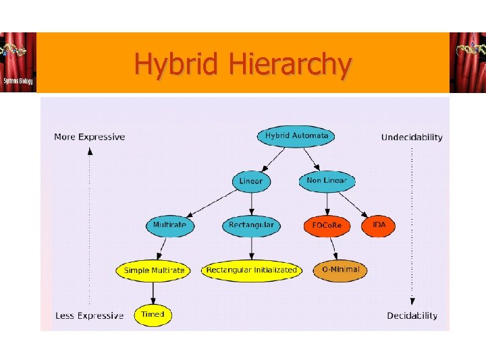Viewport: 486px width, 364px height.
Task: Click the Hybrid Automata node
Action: click(x=296, y=135)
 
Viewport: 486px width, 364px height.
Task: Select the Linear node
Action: click(x=251, y=181)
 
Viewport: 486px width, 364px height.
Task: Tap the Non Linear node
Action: click(x=327, y=181)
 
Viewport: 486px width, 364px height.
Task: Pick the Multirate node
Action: click(x=169, y=225)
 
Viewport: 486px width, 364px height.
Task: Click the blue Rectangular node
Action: click(x=251, y=225)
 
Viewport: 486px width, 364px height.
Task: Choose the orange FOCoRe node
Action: click(x=327, y=226)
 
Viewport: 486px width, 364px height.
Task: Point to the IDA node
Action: click(x=379, y=224)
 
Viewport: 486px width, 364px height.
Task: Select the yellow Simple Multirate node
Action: click(x=154, y=270)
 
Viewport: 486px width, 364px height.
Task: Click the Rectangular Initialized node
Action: click(x=251, y=270)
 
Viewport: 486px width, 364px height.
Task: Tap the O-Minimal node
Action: click(x=341, y=270)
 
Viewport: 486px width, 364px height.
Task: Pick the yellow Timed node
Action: click(x=153, y=315)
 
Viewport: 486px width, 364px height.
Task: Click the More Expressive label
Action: click(x=89, y=137)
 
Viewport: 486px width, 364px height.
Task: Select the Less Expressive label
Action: click(x=89, y=315)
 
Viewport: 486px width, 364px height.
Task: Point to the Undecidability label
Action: click(x=412, y=138)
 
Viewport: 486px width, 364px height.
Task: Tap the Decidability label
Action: click(x=412, y=315)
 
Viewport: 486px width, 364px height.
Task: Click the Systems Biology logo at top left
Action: click(x=18, y=62)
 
